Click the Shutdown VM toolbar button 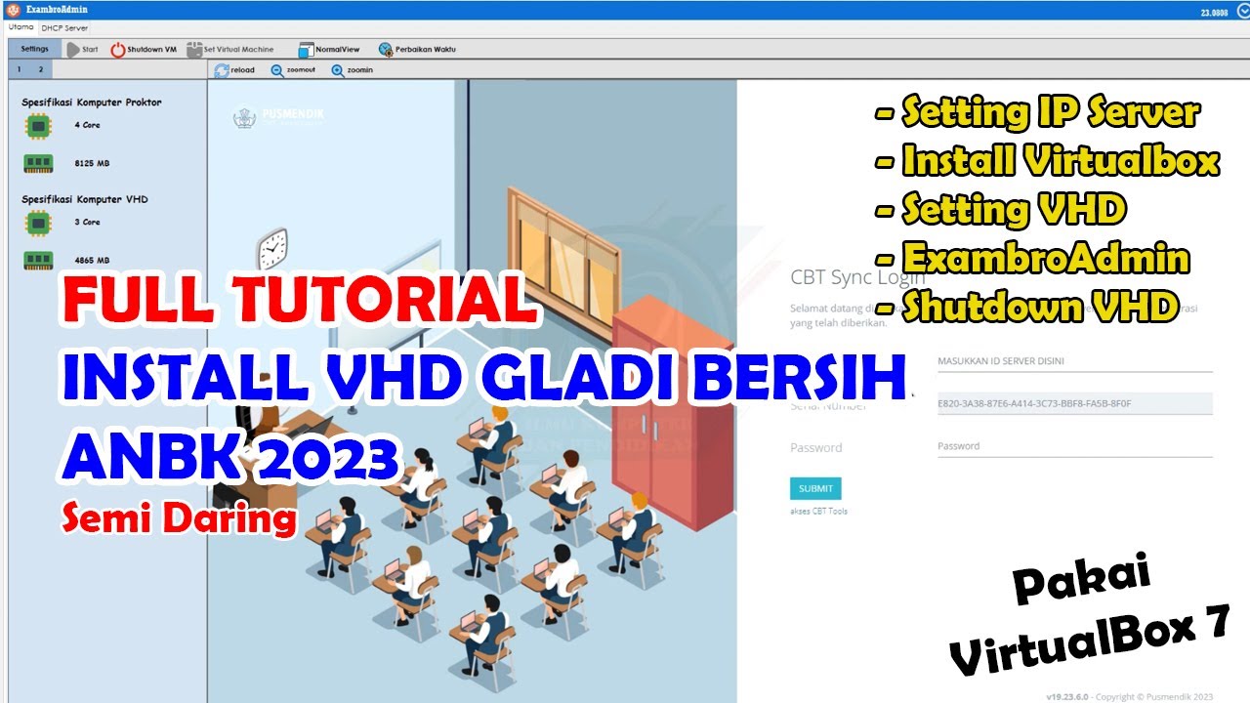coord(144,49)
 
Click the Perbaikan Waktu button coord(417,49)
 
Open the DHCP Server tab coord(64,28)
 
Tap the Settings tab coord(34,48)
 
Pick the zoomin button coord(353,70)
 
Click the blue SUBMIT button coord(815,488)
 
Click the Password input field coord(1074,446)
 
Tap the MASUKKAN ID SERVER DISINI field coord(1074,361)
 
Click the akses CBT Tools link coord(818,511)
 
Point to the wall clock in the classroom coord(272,249)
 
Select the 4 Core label coord(87,125)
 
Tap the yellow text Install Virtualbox coord(1060,160)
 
